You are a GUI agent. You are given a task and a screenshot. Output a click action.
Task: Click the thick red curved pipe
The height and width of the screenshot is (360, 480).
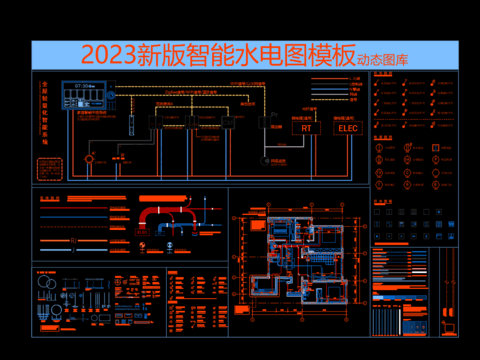click(x=160, y=214)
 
